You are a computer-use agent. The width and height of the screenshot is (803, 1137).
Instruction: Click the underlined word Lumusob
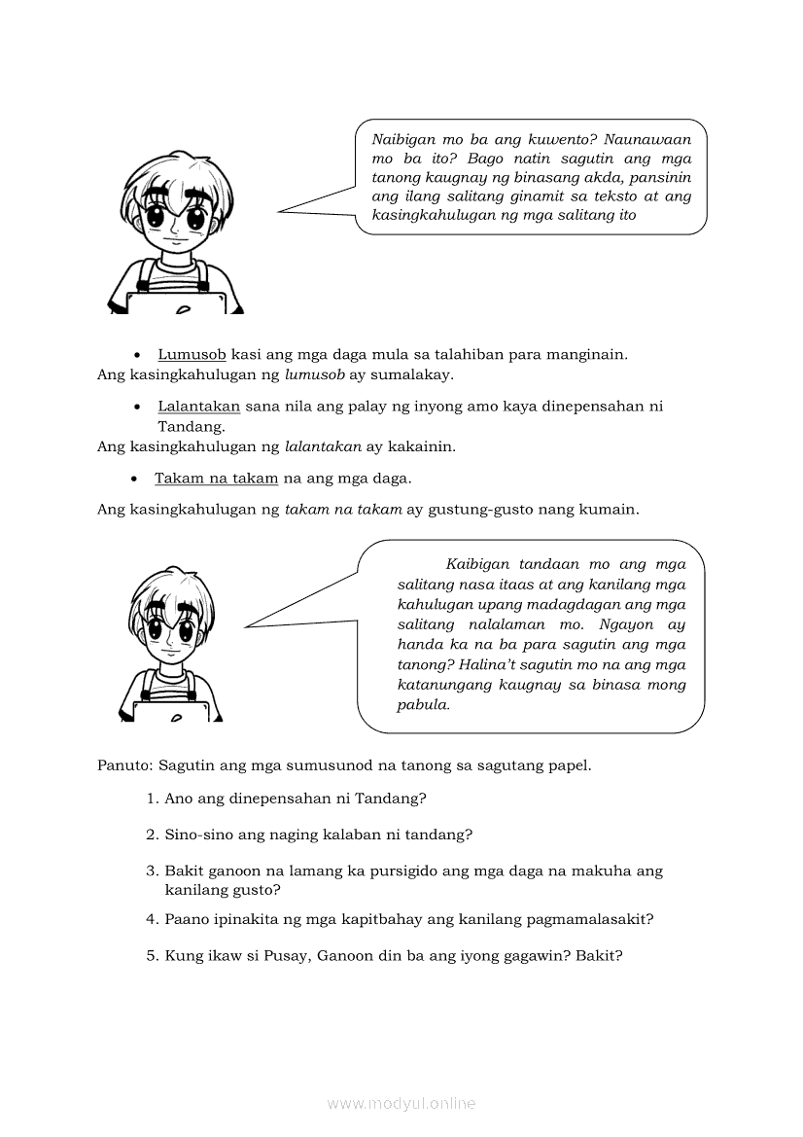pyautogui.click(x=192, y=355)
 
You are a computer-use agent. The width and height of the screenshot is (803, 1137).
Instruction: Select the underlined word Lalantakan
pyautogui.click(x=198, y=406)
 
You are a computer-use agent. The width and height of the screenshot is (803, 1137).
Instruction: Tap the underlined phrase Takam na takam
pyautogui.click(x=216, y=478)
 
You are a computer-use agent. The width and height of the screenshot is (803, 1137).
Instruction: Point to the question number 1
pyautogui.click(x=152, y=799)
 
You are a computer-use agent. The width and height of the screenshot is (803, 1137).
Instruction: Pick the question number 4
pyautogui.click(x=152, y=919)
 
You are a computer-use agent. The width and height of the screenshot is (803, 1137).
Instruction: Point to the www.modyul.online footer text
pyautogui.click(x=401, y=1103)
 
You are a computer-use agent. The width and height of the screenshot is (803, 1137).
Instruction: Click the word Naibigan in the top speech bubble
pyautogui.click(x=402, y=139)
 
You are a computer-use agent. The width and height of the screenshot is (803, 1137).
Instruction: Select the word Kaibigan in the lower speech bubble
pyautogui.click(x=477, y=564)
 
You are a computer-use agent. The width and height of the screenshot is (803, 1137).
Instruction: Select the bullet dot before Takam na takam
pyautogui.click(x=135, y=479)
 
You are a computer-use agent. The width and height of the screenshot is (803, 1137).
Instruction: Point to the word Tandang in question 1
pyautogui.click(x=395, y=799)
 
